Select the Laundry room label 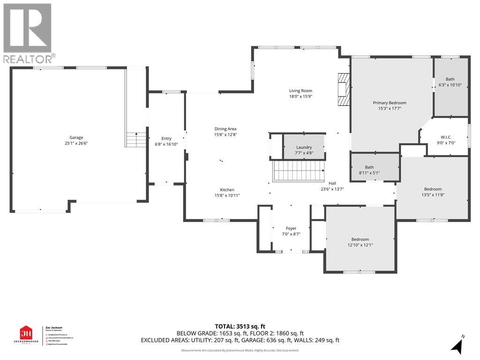[304, 147]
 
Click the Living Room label [300, 91]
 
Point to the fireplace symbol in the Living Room [344, 90]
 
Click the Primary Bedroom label [390, 103]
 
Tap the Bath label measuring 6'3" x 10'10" [450, 79]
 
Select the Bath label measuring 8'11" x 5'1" [369, 167]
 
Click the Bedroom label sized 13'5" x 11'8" [432, 189]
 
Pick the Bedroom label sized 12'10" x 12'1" [360, 239]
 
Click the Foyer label [291, 228]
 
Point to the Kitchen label [227, 190]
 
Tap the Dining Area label [225, 129]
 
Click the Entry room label [166, 138]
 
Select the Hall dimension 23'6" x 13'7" [332, 189]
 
